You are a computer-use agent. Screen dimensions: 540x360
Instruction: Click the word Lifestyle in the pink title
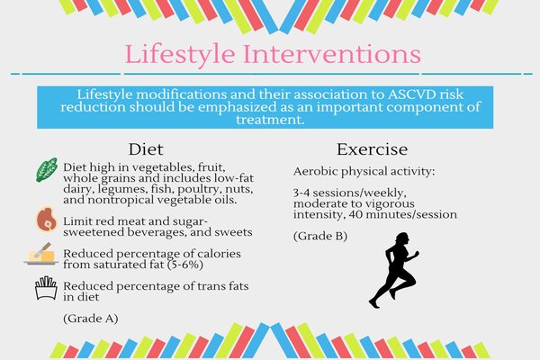180,54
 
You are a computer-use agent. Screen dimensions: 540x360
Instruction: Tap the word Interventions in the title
332,54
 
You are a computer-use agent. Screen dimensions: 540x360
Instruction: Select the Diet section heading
146,149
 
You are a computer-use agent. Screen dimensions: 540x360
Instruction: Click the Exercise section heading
372,149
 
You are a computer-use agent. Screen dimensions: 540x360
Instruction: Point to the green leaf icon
47,170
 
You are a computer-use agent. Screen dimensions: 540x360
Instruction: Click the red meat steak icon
47,219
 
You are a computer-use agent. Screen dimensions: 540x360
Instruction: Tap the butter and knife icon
41,254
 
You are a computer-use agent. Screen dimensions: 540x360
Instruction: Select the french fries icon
46,288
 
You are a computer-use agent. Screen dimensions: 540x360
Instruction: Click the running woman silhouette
394,270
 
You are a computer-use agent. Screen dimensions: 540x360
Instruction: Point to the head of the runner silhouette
402,238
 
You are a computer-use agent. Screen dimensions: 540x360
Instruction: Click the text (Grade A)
91,319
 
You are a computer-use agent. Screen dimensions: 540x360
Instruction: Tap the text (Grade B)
320,237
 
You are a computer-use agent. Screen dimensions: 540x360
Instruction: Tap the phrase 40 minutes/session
403,214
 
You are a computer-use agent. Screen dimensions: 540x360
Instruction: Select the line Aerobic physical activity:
364,172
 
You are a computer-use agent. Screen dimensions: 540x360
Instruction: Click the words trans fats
222,286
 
